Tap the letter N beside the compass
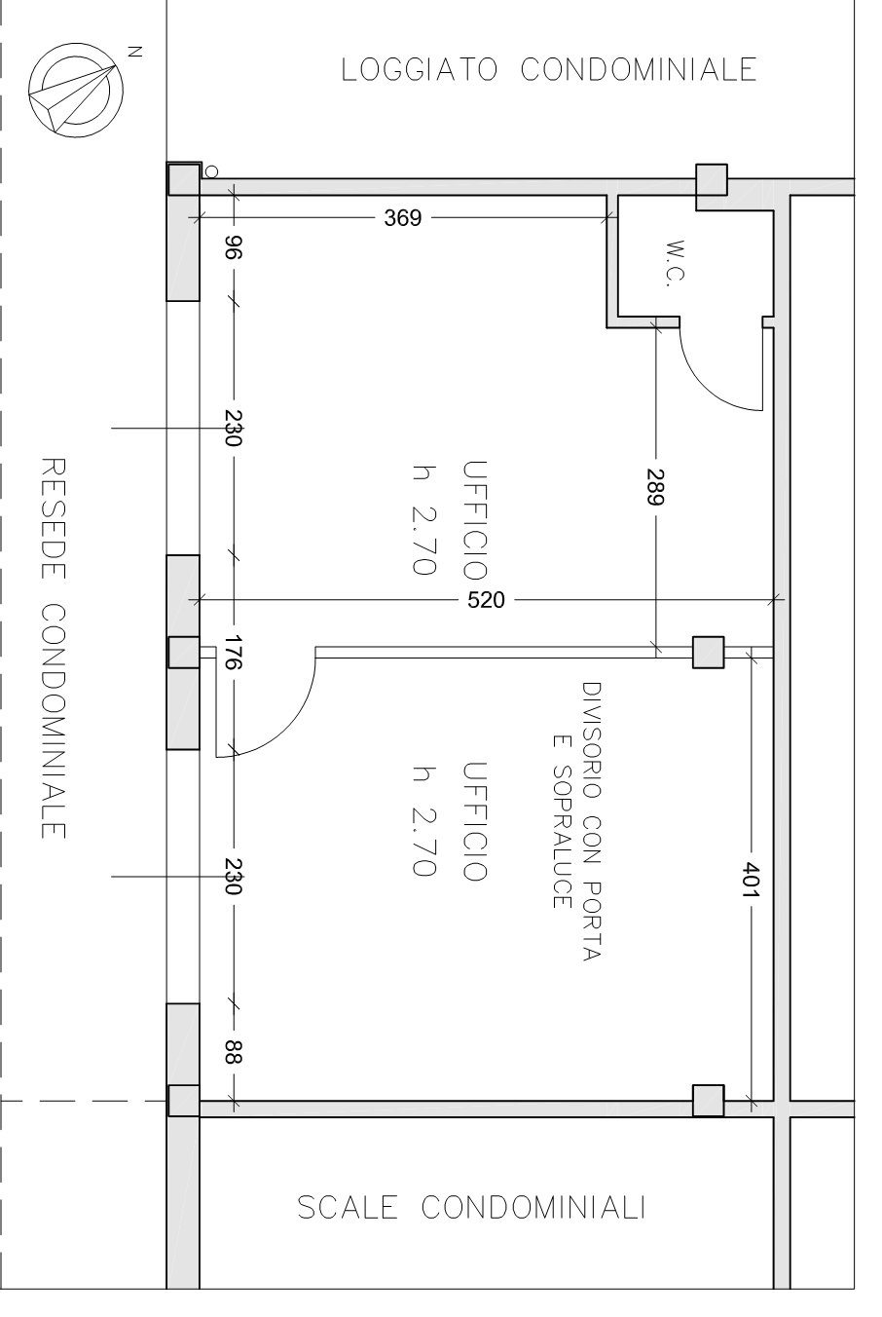tap(135, 52)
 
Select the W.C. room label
tap(677, 263)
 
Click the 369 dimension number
tap(403, 217)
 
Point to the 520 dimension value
tap(486, 600)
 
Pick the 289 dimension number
tap(655, 487)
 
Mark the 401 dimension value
tap(752, 880)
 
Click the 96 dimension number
tap(234, 247)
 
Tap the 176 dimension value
tap(234, 653)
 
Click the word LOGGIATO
tap(420, 69)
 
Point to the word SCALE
tap(348, 1208)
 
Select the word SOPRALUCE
tap(563, 836)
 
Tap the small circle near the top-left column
tap(211, 171)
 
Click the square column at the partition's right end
tap(708, 652)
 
